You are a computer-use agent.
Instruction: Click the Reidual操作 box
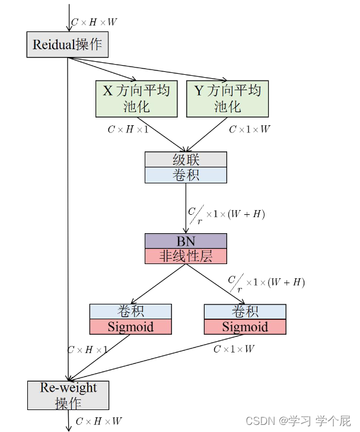(x=68, y=45)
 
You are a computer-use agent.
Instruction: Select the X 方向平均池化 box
(x=136, y=99)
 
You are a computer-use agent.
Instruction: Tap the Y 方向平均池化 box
(x=228, y=99)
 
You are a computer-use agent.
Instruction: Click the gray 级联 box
(x=186, y=160)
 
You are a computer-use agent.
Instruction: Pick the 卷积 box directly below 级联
(x=186, y=175)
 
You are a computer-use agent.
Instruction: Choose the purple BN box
(x=186, y=241)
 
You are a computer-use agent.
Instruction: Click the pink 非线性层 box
(x=186, y=256)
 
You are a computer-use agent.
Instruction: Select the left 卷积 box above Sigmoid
(x=130, y=312)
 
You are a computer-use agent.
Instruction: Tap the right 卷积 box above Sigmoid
(x=245, y=312)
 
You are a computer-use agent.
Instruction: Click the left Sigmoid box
(x=130, y=327)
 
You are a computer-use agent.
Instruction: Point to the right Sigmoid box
(x=245, y=327)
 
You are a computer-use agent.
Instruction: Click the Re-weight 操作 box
(x=68, y=395)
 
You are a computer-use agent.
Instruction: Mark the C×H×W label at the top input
(x=94, y=23)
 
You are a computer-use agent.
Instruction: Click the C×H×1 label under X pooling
(x=128, y=129)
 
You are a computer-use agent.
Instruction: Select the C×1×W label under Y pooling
(x=250, y=129)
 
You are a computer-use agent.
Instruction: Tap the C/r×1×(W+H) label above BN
(x=226, y=214)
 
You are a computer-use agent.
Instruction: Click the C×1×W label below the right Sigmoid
(x=234, y=349)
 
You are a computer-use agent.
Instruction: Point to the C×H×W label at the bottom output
(x=98, y=421)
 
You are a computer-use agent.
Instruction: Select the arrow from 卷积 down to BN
(x=186, y=208)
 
